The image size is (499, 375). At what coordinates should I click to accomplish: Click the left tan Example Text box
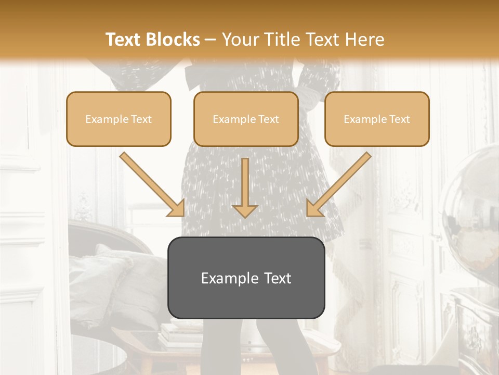[x=119, y=119]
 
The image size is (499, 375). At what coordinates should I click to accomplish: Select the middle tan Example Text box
[x=246, y=119]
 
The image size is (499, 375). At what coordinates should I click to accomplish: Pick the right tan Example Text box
[x=377, y=119]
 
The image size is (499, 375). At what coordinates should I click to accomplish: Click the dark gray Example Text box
[x=246, y=278]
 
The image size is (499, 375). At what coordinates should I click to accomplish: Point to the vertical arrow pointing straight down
[x=245, y=187]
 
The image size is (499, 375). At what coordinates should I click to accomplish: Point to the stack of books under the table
[x=179, y=333]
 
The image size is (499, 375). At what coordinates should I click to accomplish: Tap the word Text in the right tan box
[x=399, y=119]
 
